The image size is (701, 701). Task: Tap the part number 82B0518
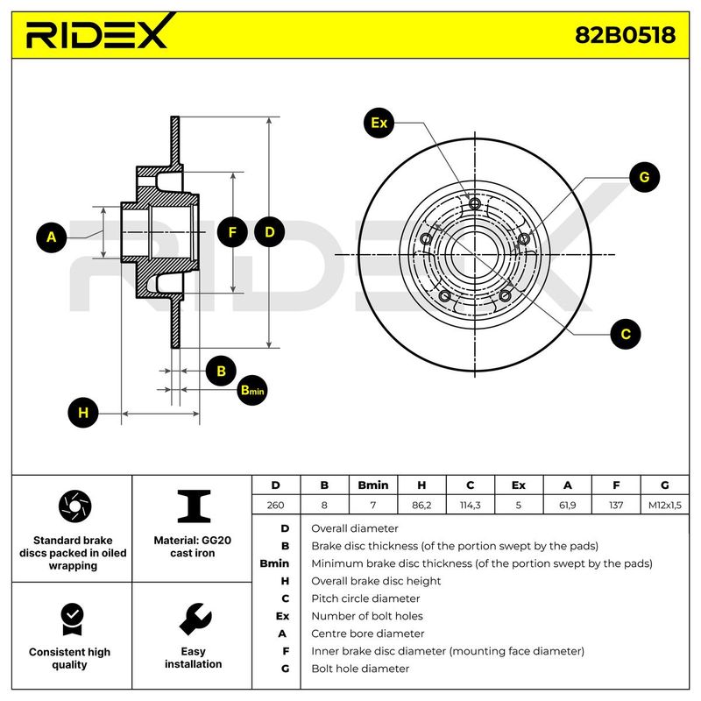[x=625, y=35]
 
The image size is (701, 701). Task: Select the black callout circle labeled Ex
[x=379, y=123]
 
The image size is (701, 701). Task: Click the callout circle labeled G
[x=644, y=177]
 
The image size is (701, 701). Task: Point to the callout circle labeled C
[x=626, y=334]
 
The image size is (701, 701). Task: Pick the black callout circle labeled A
[x=52, y=237]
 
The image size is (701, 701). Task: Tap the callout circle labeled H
[x=83, y=413]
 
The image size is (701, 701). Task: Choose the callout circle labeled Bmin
[x=252, y=390]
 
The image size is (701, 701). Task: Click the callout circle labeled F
[x=232, y=232]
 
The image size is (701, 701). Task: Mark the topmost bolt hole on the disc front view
[x=475, y=204]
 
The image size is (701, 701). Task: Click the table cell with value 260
[x=275, y=505]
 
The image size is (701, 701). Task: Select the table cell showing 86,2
[x=421, y=505]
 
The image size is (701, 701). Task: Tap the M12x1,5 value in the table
[x=665, y=506]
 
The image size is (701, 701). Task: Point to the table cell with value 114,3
[x=470, y=505]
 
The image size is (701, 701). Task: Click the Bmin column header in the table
[x=373, y=485]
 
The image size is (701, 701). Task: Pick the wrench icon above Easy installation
[x=195, y=620]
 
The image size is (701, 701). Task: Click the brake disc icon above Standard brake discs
[x=74, y=506]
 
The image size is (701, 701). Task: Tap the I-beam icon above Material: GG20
[x=194, y=506]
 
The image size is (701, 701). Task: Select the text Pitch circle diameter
[x=365, y=598]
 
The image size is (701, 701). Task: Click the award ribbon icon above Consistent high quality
[x=73, y=620]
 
